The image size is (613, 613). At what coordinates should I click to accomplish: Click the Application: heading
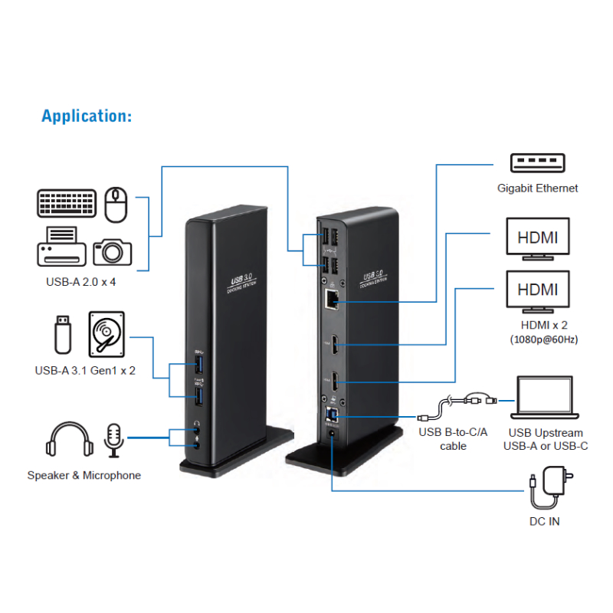(87, 116)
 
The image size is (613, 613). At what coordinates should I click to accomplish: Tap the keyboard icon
(67, 204)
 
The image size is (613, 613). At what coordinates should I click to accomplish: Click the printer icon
(61, 245)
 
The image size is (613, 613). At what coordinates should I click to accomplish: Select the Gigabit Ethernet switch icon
(536, 163)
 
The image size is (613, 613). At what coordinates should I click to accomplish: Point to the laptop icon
(545, 400)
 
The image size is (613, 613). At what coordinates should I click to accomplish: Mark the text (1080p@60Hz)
(544, 339)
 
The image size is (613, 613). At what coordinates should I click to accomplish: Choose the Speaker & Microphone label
(84, 475)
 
